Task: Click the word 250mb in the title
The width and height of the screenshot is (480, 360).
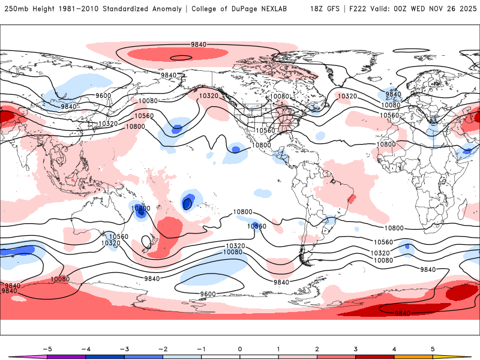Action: [x=16, y=9]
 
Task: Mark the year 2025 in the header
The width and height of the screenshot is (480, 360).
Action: [x=465, y=9]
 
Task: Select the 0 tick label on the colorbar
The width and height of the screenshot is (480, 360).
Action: [x=240, y=349]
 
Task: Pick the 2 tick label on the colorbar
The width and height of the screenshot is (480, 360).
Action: [x=317, y=349]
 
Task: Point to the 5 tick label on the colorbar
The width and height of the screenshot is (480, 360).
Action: [x=433, y=349]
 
